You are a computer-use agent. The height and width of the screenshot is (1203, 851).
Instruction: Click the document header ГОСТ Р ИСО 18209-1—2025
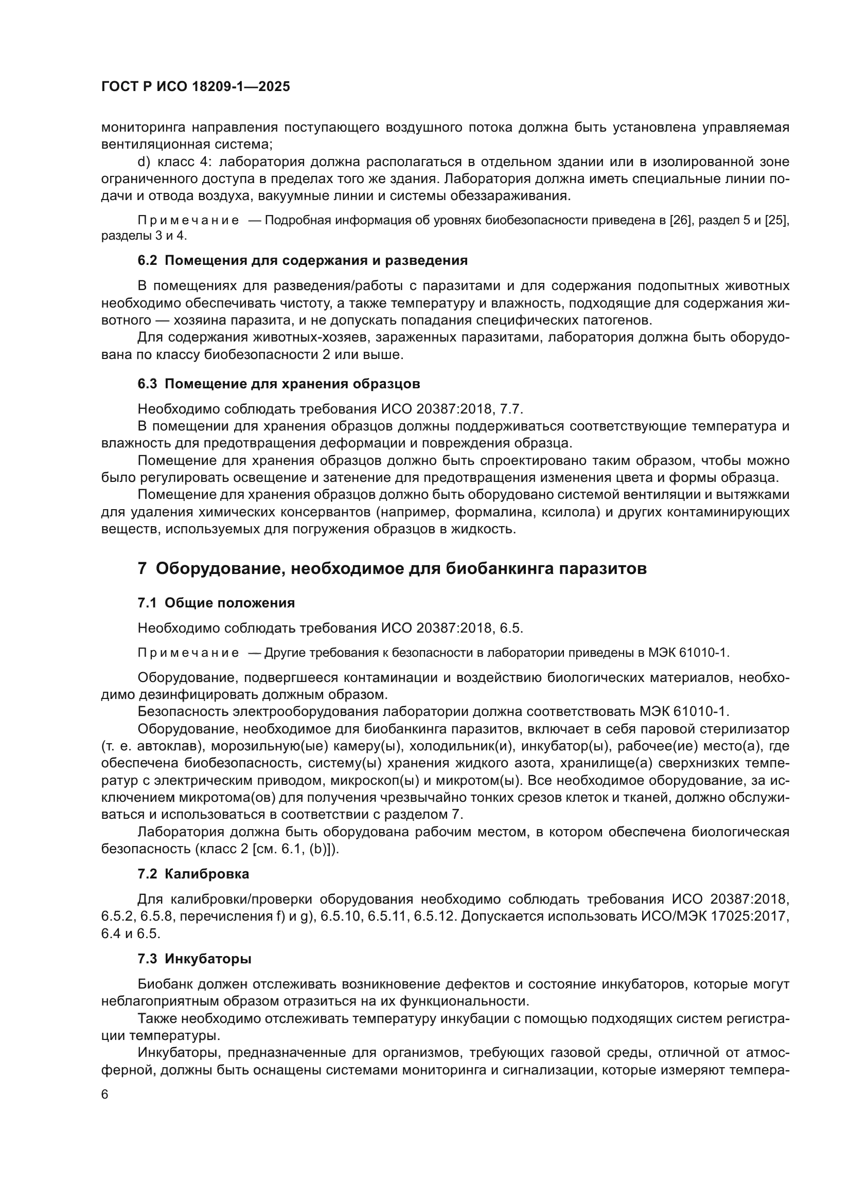click(x=195, y=87)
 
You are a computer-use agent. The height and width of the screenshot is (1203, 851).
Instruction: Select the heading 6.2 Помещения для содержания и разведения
click(x=303, y=260)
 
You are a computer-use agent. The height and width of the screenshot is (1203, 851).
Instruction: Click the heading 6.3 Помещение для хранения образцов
click(x=278, y=384)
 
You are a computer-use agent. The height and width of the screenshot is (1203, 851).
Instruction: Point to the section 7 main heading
click(x=392, y=568)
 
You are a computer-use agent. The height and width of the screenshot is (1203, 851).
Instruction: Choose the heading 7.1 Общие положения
click(x=216, y=603)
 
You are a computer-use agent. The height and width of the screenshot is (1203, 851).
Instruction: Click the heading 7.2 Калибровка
click(x=193, y=874)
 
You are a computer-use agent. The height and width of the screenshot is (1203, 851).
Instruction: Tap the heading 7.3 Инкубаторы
click(x=194, y=959)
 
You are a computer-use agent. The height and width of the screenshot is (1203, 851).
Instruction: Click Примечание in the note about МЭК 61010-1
click(x=188, y=653)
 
